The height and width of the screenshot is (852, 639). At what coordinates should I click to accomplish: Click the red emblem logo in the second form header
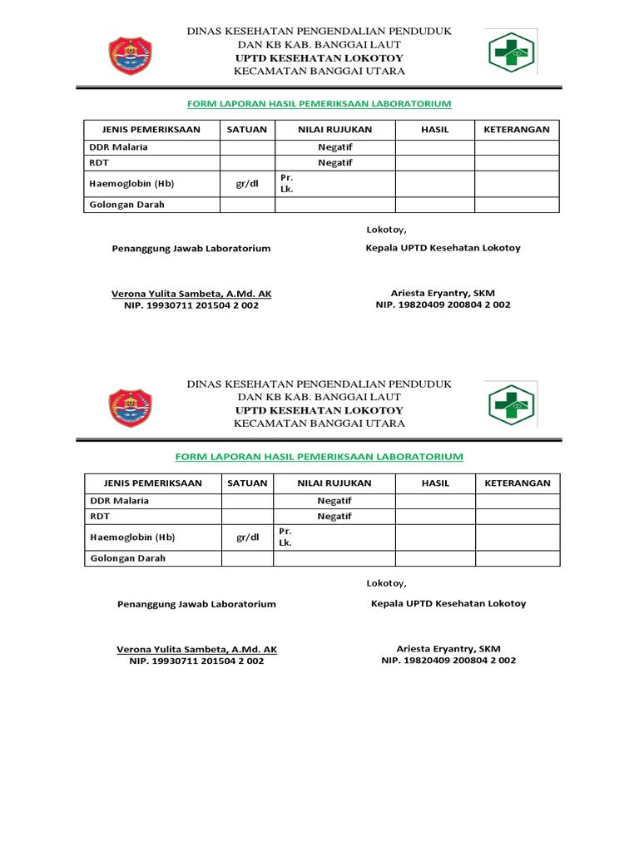131,405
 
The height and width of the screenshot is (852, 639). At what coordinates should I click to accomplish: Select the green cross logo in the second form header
513,404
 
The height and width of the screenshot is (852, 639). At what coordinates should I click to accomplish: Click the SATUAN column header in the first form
247,130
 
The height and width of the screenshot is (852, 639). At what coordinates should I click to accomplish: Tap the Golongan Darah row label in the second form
127,558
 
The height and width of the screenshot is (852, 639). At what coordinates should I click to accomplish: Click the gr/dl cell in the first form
247,183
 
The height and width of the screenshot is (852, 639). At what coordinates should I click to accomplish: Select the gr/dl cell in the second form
248,537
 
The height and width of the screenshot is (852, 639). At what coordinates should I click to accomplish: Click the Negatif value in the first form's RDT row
335,163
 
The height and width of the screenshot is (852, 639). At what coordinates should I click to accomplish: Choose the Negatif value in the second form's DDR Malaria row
334,501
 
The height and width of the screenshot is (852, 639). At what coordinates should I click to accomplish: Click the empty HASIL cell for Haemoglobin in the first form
435,183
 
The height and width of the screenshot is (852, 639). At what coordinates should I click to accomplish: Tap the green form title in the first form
319,104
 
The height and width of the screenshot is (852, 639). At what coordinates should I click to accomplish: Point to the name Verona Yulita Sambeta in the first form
191,294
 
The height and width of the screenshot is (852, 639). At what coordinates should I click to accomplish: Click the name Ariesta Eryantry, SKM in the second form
448,648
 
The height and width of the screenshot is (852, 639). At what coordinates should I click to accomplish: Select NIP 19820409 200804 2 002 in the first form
443,305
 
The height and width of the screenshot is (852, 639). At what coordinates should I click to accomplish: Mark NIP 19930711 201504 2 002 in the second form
196,661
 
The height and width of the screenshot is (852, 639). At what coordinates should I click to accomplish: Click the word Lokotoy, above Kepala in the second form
387,583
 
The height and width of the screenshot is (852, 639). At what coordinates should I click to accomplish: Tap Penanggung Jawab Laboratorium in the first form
191,249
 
